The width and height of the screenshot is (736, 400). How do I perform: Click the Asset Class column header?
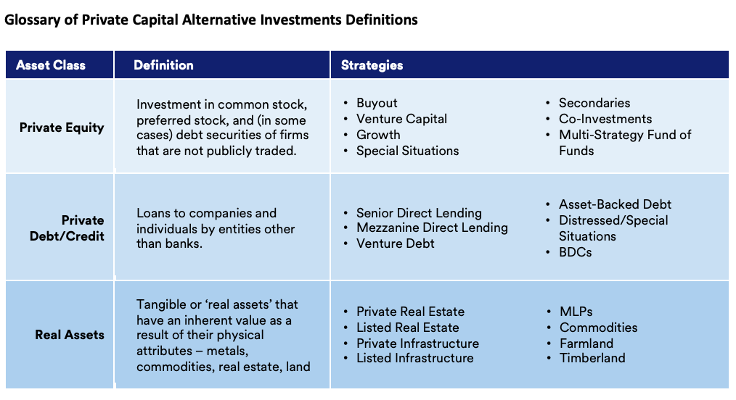(51, 65)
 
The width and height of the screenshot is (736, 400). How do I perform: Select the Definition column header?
(163, 65)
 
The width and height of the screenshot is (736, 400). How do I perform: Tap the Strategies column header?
(372, 65)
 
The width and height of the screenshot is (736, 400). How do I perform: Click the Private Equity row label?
(62, 128)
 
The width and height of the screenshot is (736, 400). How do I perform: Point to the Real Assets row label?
(70, 335)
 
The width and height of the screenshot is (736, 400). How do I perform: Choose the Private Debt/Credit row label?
(67, 228)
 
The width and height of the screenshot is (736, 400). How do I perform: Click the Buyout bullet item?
(377, 103)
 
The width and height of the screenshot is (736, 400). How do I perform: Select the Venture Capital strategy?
(402, 119)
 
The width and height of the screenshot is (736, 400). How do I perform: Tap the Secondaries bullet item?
(594, 103)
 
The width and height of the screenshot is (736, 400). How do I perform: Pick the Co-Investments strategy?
(605, 119)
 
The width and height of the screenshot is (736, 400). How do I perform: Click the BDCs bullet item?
(575, 252)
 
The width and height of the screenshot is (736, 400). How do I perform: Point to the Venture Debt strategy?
(396, 243)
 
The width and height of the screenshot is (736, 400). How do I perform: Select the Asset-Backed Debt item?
(615, 204)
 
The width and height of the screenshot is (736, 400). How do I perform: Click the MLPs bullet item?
(576, 312)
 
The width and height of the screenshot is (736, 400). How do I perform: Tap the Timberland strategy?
(592, 358)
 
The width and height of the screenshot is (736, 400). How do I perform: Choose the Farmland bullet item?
(586, 343)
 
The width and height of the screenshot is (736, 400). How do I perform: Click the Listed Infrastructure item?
(415, 358)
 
